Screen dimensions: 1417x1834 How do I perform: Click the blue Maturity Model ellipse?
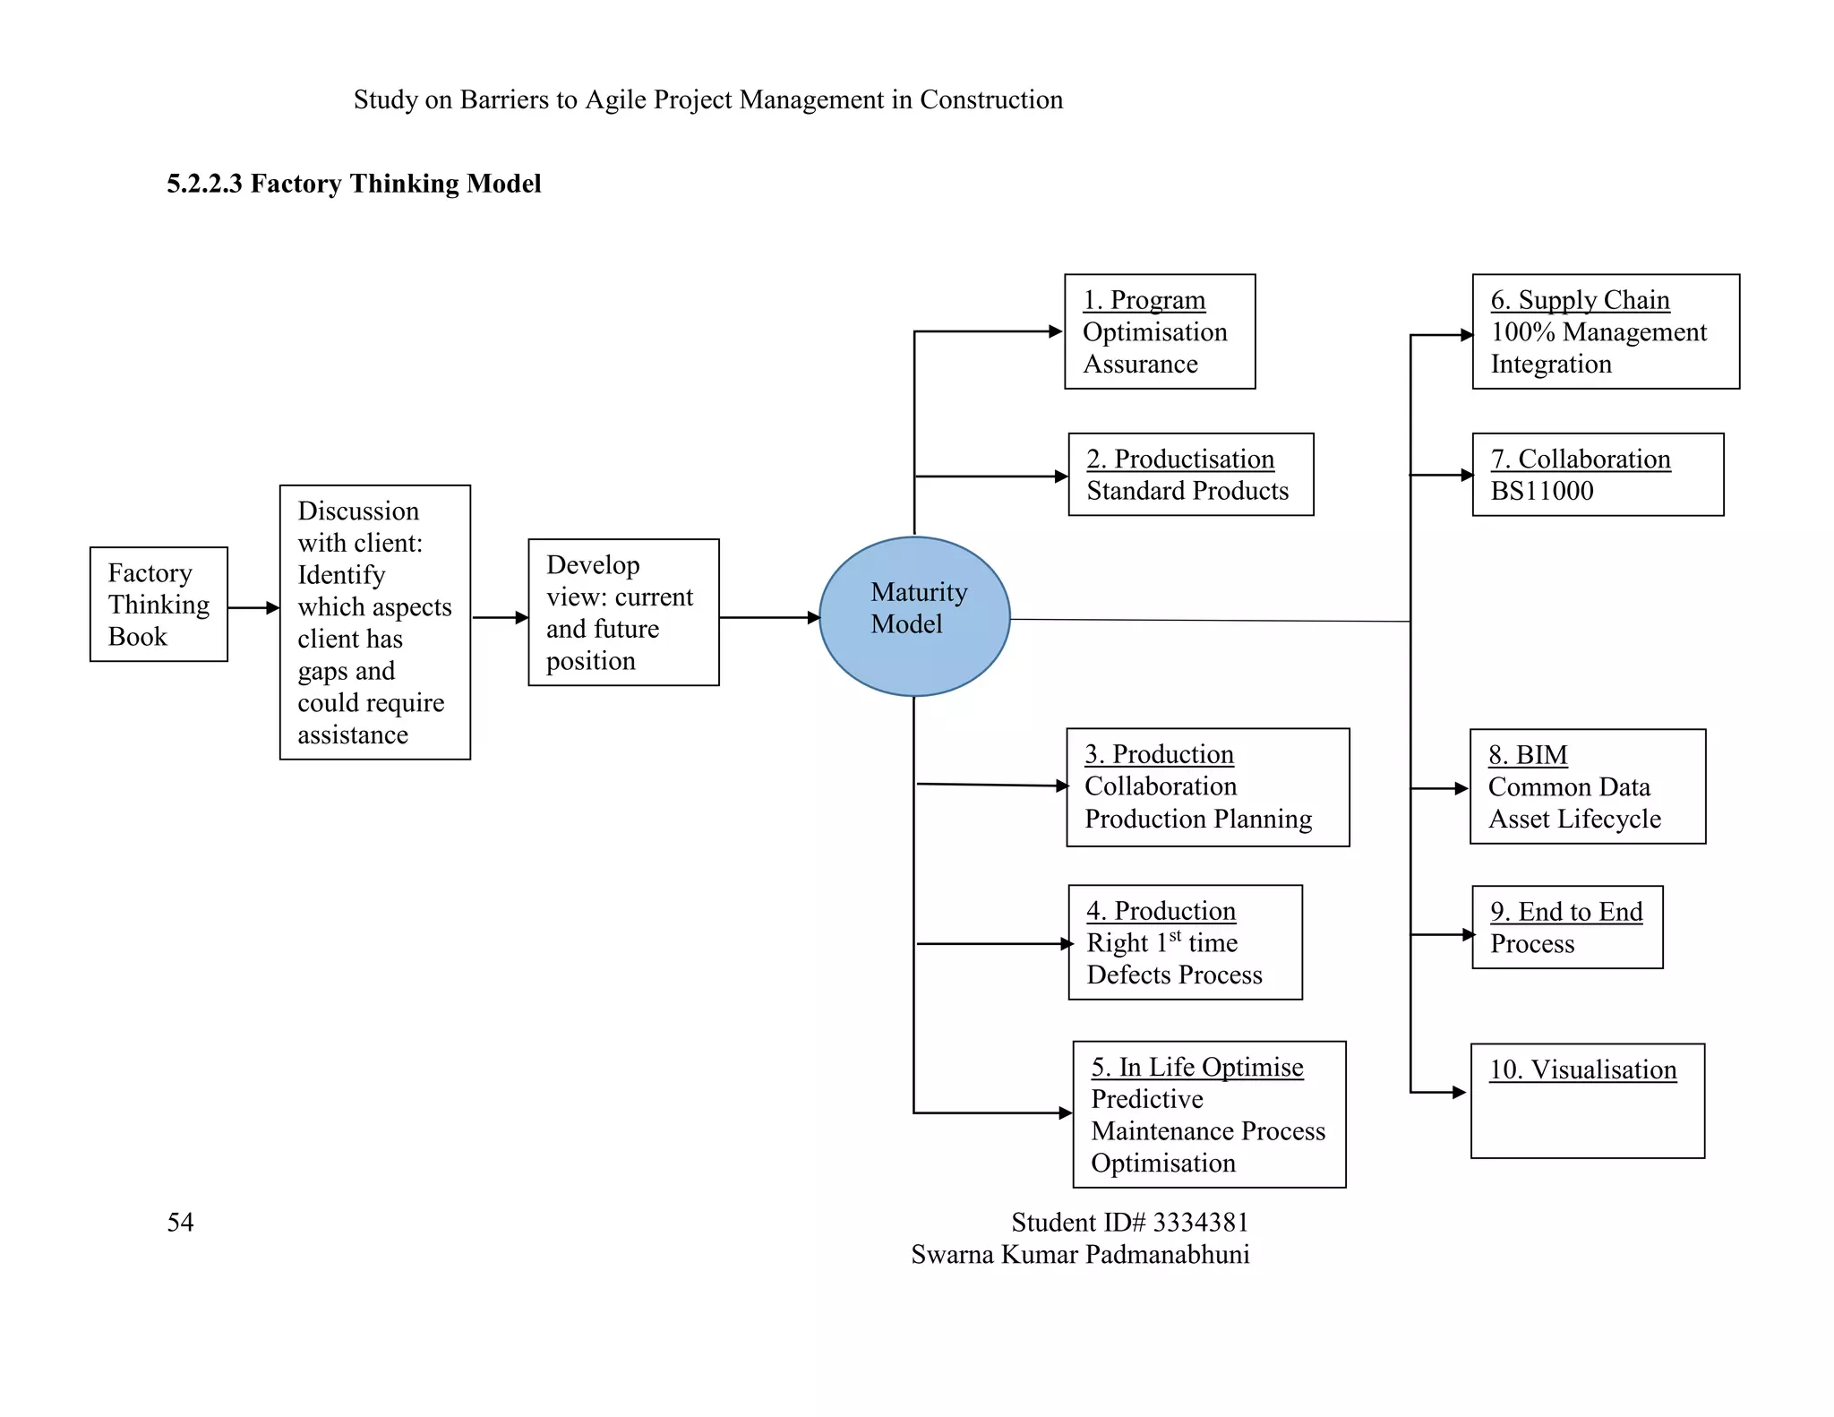[x=914, y=616]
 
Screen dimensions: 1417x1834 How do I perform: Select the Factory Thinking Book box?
[x=159, y=605]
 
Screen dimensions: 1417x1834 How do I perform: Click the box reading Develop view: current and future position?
[x=623, y=613]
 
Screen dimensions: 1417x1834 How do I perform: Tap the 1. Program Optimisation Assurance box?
[x=1160, y=331]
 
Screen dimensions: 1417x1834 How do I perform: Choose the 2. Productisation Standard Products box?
[x=1191, y=475]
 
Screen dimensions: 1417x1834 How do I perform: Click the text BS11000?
[x=1541, y=491]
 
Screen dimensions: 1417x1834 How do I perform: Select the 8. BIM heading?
[x=1528, y=755]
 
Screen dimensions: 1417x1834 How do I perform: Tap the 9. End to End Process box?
[x=1567, y=927]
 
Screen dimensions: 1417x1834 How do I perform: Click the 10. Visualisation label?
[x=1582, y=1069]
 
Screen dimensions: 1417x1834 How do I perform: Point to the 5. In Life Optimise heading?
[x=1196, y=1067]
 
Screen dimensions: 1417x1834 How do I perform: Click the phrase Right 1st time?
[x=1161, y=942]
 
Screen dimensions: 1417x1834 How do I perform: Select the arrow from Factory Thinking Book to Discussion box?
[x=253, y=608]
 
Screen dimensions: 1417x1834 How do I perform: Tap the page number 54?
[x=180, y=1222]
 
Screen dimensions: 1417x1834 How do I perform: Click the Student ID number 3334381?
[x=1200, y=1222]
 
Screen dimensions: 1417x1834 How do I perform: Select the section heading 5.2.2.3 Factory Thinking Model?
[x=354, y=184]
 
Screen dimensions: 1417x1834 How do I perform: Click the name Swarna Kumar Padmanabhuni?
[x=1080, y=1254]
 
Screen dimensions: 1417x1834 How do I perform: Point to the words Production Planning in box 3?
[x=1197, y=819]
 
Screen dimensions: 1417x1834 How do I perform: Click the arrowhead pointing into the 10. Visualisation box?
[x=1459, y=1093]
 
